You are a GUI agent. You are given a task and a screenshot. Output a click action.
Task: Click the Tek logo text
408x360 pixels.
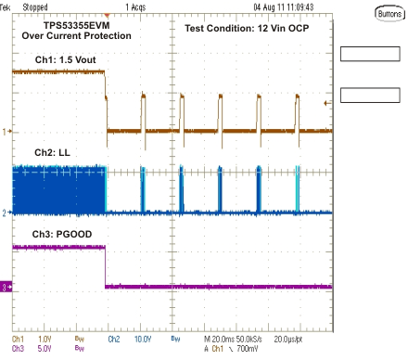pos(6,6)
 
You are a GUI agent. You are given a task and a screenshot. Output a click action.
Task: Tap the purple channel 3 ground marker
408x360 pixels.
pos(5,289)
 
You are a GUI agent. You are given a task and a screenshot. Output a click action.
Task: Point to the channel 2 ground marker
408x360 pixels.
pos(5,212)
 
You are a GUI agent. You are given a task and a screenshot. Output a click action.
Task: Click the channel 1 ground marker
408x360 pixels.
pos(5,131)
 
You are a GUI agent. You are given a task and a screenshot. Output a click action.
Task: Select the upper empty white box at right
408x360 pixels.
pos(369,54)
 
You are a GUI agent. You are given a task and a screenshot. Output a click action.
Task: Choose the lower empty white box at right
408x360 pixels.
pos(369,95)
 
